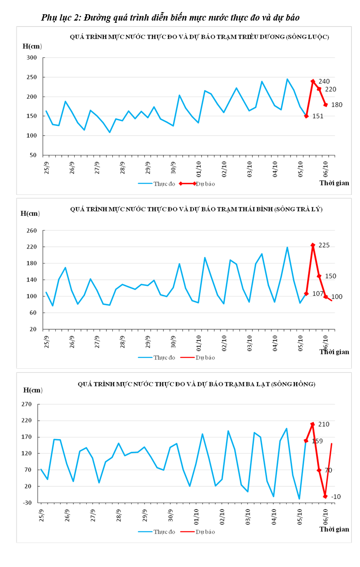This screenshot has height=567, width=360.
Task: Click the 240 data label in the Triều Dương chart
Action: pyautogui.click(x=324, y=82)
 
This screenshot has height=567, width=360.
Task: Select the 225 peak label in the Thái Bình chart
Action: pyautogui.click(x=324, y=245)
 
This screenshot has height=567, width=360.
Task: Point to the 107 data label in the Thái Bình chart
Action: pyautogui.click(x=318, y=294)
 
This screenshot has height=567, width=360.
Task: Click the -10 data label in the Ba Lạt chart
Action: pyautogui.click(x=336, y=497)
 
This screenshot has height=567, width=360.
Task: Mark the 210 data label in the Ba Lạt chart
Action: pyautogui.click(x=324, y=424)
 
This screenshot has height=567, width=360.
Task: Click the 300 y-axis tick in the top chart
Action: pyautogui.click(x=32, y=58)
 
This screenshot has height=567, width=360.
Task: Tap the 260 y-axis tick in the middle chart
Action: pyautogui.click(x=32, y=230)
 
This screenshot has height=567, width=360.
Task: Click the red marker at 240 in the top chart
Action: pyautogui.click(x=313, y=81)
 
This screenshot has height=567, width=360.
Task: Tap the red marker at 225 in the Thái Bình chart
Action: pyautogui.click(x=313, y=245)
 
